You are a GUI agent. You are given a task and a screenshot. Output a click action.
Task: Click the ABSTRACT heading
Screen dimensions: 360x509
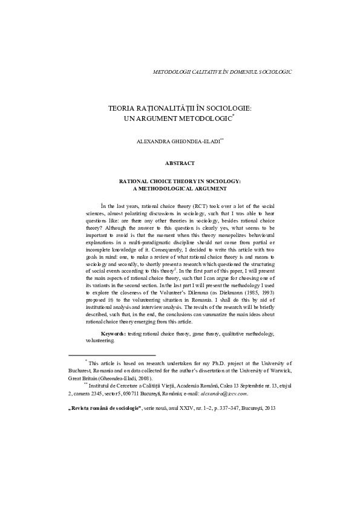[x=180, y=163]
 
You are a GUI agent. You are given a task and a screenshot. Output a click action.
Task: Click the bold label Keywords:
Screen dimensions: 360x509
[x=113, y=333]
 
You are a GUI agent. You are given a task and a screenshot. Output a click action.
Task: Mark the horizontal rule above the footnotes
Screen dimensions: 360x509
[x=112, y=355]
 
